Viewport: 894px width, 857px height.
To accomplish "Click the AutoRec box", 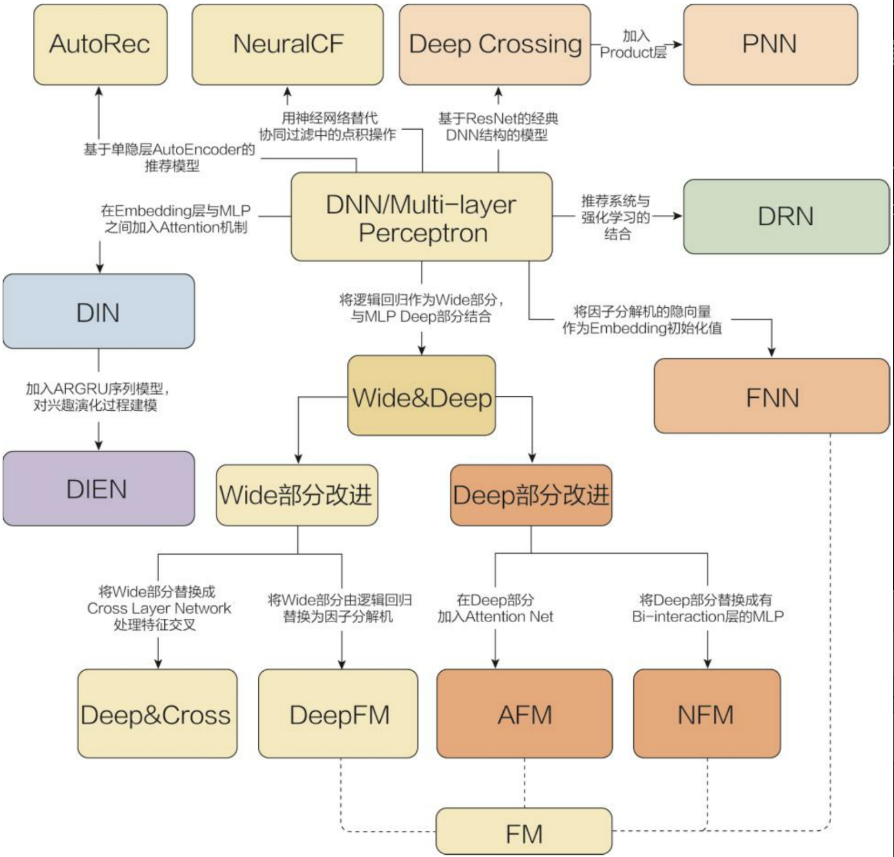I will [100, 45].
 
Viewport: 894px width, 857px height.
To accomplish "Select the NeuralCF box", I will [287, 45].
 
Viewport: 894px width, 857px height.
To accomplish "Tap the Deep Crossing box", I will [495, 45].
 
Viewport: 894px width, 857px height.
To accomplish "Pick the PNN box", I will [770, 45].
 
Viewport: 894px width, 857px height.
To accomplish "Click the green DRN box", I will [786, 216].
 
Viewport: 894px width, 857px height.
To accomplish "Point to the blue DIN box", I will [99, 312].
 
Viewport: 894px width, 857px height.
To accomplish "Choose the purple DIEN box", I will [99, 489].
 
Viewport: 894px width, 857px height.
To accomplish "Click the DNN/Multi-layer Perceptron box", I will [421, 217].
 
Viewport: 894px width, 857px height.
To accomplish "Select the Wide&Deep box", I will [421, 396].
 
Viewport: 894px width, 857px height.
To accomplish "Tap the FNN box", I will [772, 396].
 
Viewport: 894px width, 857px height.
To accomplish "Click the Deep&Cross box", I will [157, 713].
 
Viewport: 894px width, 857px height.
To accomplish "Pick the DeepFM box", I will [338, 713].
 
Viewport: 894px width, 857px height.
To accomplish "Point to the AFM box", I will [524, 713].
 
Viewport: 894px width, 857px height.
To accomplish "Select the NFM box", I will [707, 713].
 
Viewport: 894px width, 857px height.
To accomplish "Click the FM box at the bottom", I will [524, 832].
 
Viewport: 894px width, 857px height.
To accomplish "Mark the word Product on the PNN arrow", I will [627, 53].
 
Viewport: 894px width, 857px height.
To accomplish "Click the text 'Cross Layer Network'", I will [159, 608].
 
